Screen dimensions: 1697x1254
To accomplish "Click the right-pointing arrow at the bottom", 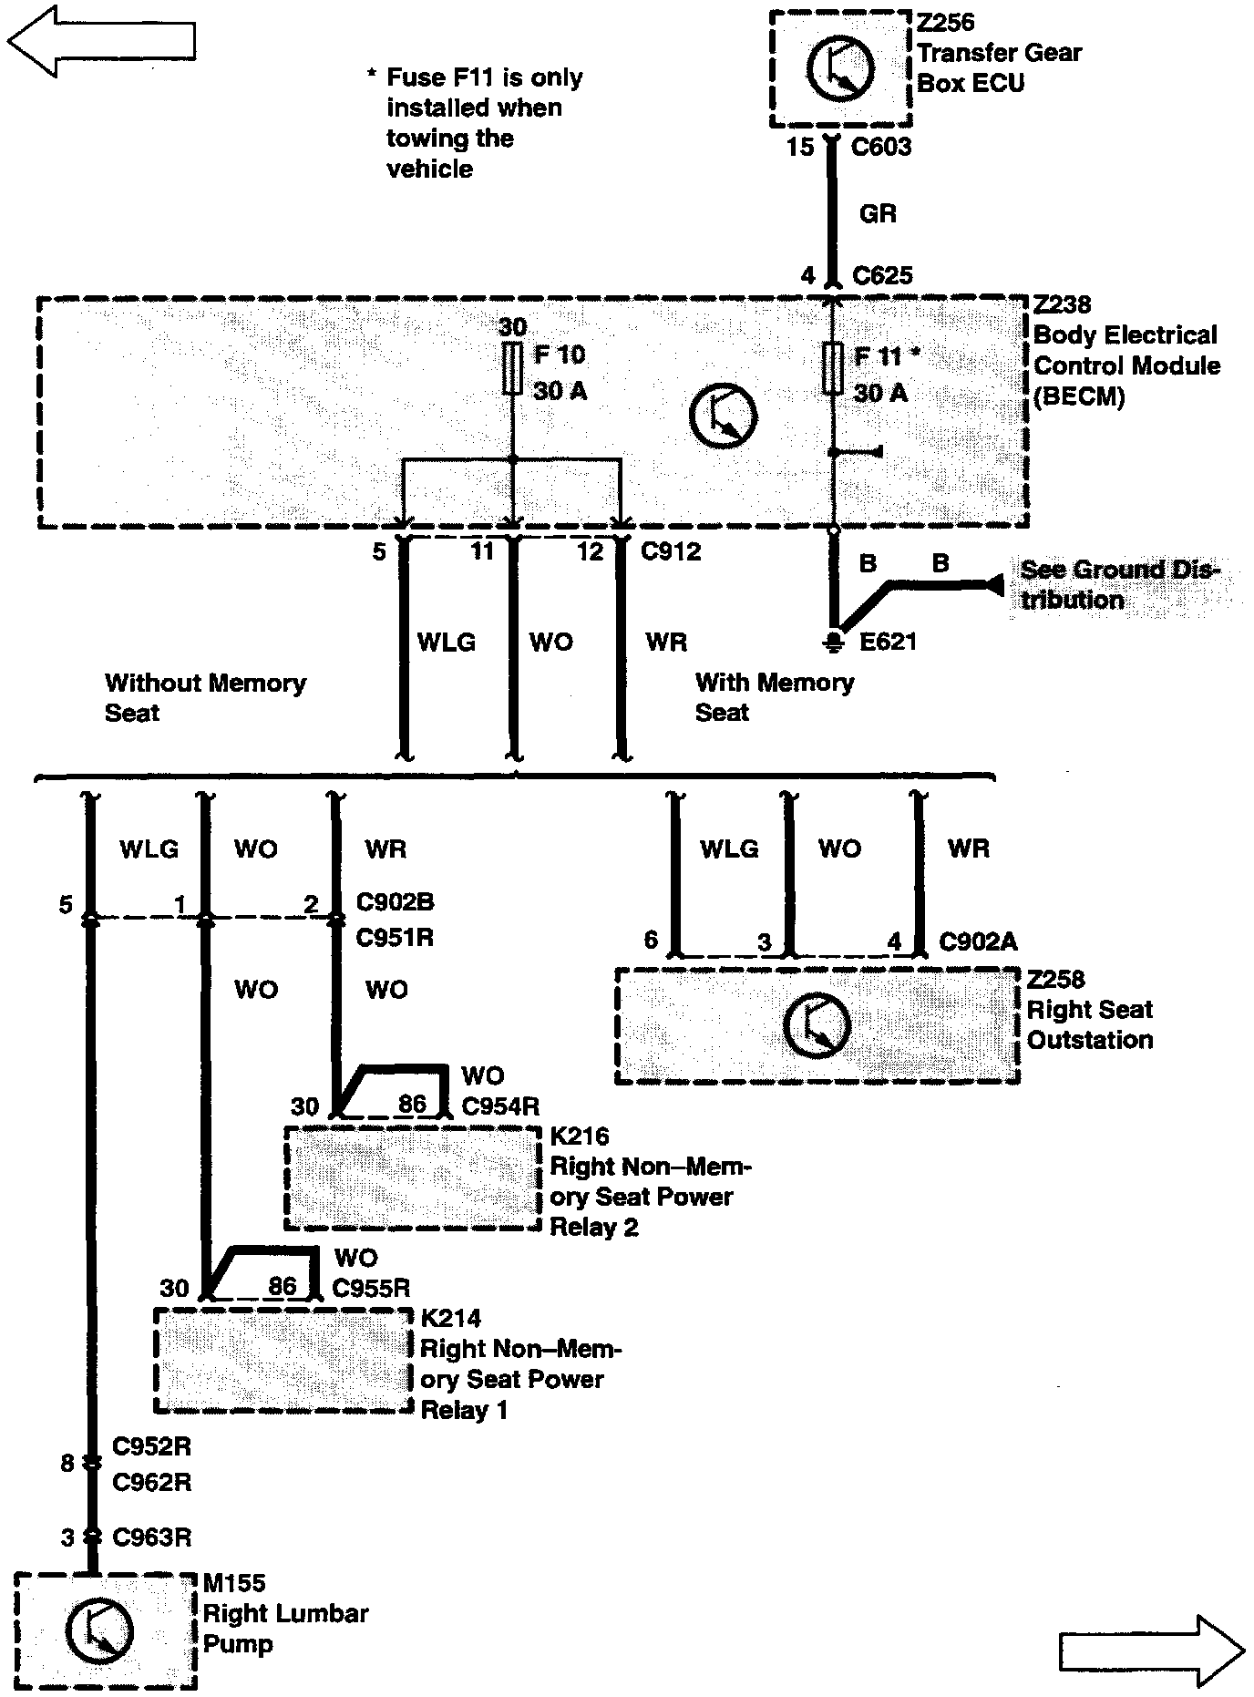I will coord(1151,1650).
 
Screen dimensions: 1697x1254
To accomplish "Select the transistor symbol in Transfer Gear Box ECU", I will coord(839,67).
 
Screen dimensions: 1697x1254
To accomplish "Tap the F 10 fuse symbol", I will coord(512,369).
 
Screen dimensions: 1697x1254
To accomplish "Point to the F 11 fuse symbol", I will coord(832,369).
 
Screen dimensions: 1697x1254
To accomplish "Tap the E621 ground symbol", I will coord(832,643).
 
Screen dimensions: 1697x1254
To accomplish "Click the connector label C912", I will coord(671,551).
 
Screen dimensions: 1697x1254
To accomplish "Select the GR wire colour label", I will coord(878,214).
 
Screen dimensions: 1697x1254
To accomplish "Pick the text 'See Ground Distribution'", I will coord(1116,584).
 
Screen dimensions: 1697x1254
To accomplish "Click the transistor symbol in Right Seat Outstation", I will coord(817,1026).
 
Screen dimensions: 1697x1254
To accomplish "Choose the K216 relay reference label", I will coord(580,1136).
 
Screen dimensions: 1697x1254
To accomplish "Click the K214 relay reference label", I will coord(450,1318).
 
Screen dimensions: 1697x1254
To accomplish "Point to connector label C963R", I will coord(151,1538).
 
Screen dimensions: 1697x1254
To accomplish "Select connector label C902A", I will coord(978,941).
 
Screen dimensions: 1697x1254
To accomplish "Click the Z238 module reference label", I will coord(1062,304).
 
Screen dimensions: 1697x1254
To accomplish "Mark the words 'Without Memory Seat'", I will coord(204,697).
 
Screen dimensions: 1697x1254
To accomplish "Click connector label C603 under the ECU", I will coord(880,147).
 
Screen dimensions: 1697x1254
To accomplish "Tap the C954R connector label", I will coord(500,1106).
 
